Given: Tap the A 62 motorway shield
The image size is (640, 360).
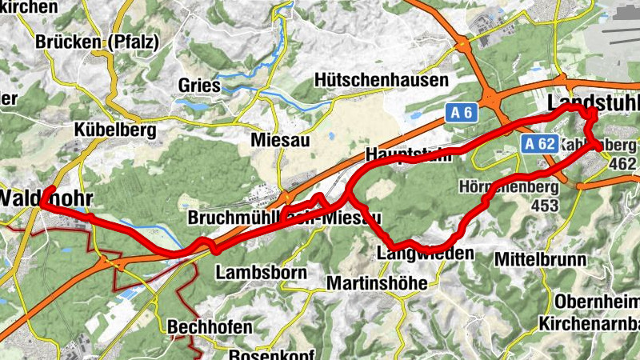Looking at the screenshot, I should coord(541,144).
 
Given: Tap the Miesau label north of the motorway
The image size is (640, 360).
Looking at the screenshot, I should coord(280,138).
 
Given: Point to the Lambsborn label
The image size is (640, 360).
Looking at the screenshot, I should coord(261,272).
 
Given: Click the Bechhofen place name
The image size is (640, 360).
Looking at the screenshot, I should coord(210,327).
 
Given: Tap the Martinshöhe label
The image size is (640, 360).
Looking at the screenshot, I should coord(383,283).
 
